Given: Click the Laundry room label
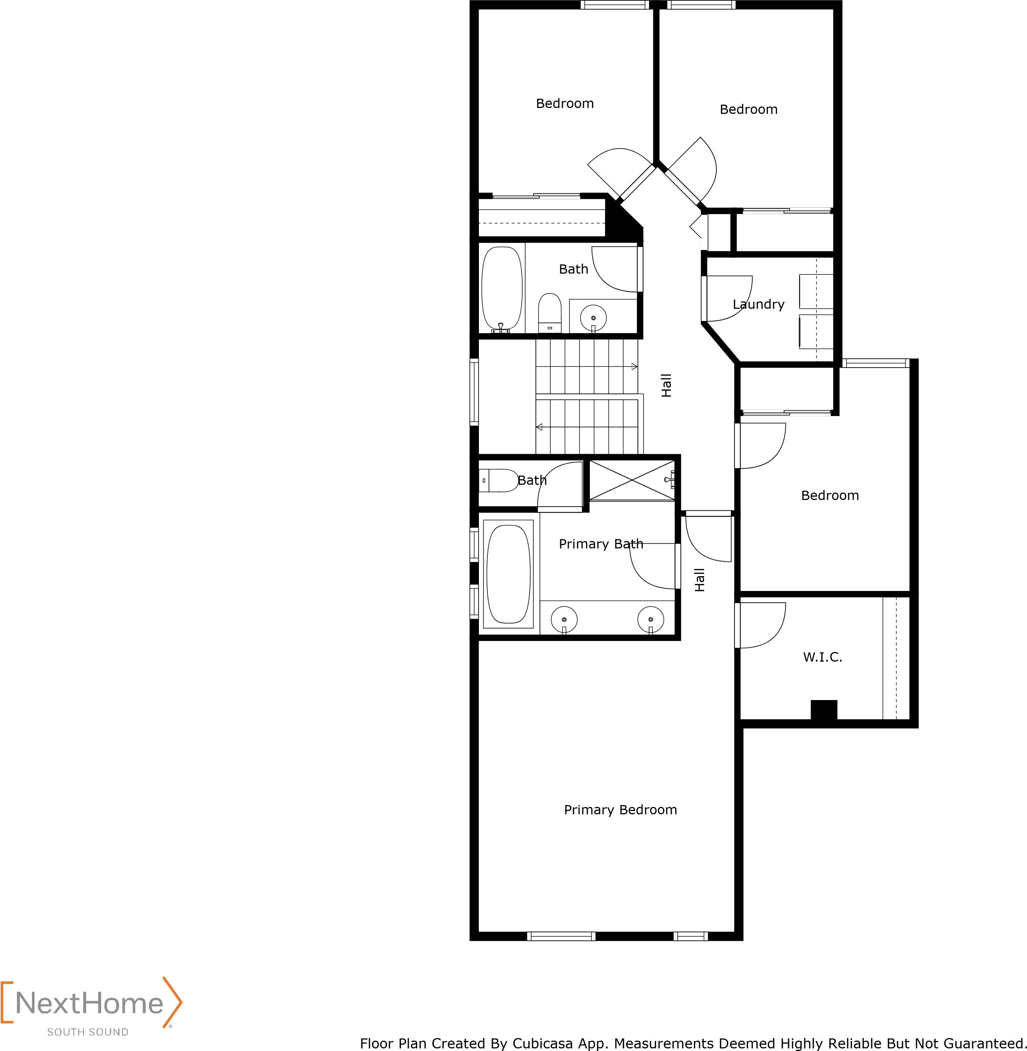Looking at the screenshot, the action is (x=759, y=304).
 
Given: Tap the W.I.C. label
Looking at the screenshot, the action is (x=822, y=657).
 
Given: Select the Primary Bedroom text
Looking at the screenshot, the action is (x=620, y=810).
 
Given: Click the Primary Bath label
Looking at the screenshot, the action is (x=601, y=544).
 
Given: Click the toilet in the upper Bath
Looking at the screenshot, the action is (x=550, y=313).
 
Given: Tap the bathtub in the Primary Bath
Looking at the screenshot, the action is (x=508, y=574).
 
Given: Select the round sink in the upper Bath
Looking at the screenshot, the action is (x=593, y=318).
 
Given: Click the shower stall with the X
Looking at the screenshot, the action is (x=632, y=480).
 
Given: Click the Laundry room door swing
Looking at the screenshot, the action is (x=728, y=299).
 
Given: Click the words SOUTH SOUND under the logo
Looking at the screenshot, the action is (x=88, y=1032).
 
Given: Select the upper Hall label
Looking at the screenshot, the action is (x=667, y=386).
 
